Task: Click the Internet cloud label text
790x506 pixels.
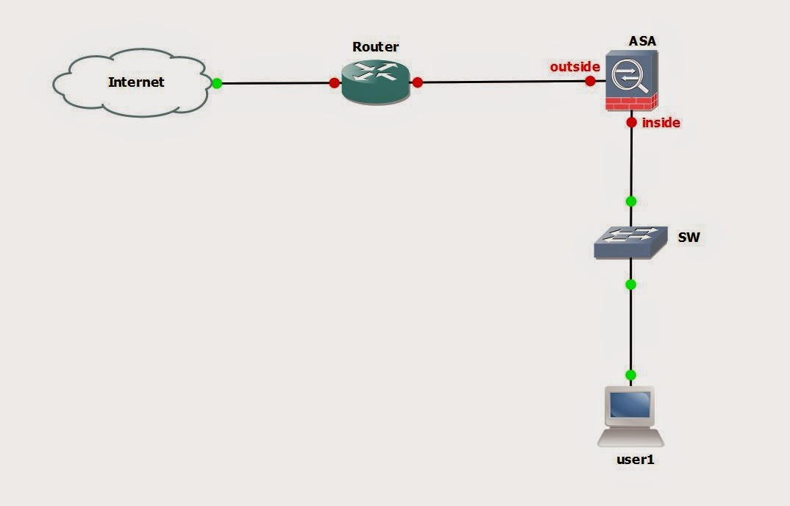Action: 136,82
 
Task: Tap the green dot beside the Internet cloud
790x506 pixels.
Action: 217,83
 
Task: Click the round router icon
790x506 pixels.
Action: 375,82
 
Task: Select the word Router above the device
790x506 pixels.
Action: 375,47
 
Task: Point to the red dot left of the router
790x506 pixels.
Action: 335,83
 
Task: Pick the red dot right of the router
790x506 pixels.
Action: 418,82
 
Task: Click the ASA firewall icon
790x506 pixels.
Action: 631,81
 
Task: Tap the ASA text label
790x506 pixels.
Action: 642,41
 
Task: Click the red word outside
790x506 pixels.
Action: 574,67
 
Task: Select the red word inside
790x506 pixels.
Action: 661,123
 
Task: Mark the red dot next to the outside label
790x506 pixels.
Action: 590,81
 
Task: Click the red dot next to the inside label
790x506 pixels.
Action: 631,122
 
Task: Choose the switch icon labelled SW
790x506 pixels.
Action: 630,242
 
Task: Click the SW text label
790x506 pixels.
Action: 688,238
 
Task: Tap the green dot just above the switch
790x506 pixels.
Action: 630,201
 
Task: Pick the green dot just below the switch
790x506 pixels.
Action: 630,284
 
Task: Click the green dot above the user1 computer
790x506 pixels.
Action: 630,374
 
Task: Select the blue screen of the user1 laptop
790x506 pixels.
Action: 630,405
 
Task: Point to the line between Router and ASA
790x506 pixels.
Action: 504,82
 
